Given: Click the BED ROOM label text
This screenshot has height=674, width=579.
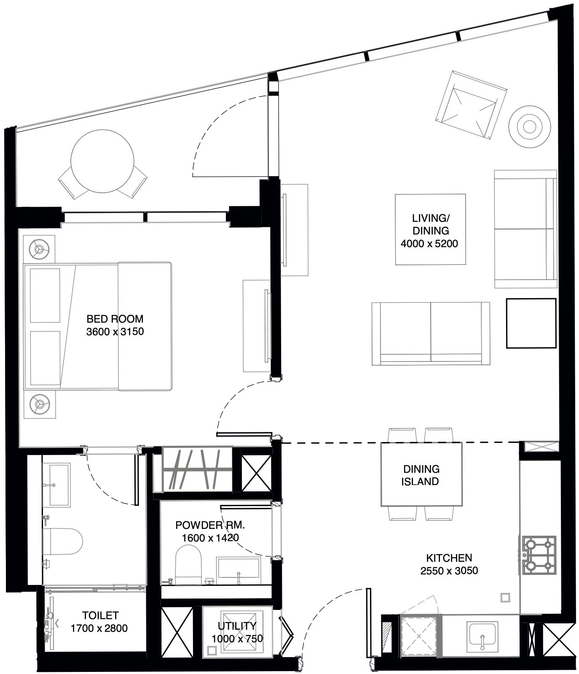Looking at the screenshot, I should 115,319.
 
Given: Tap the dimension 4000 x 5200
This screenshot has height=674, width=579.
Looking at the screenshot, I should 429,243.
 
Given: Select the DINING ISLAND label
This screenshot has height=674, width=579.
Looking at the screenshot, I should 421,475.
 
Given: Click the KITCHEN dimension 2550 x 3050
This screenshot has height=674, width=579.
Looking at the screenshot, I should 449,571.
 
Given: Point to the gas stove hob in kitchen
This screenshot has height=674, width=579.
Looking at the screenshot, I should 539,555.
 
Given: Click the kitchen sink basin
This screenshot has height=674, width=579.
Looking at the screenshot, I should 483,637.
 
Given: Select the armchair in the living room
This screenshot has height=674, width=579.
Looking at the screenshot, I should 471,105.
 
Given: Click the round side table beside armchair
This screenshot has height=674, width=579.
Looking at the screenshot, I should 529,126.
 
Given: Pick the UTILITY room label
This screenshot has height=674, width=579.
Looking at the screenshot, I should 237,626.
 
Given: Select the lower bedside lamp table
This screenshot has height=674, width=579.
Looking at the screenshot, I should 39,404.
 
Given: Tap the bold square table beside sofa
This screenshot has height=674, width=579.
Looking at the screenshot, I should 531,323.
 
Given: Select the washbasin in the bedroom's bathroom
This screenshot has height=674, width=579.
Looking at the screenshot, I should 59,485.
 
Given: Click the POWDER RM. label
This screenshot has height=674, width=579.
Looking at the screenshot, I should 209,525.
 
